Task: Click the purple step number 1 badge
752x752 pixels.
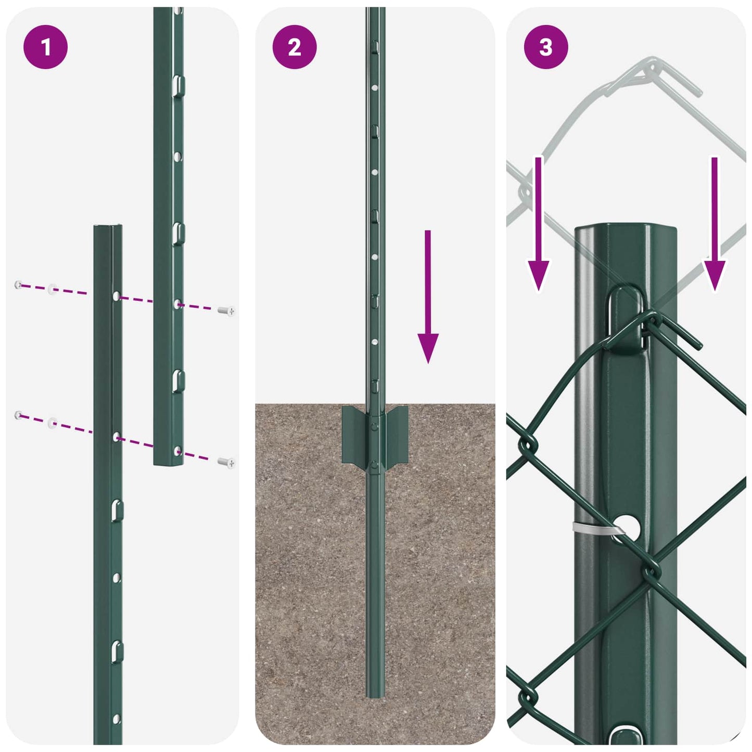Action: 45,47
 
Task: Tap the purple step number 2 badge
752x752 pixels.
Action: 295,47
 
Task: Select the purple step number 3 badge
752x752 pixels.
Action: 545,47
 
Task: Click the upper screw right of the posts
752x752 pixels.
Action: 226,311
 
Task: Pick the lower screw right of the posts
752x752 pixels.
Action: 226,462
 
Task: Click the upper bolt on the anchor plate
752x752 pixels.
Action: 374,426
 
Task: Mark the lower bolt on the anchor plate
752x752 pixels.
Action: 374,465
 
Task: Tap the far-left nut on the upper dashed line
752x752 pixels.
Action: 19,285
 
